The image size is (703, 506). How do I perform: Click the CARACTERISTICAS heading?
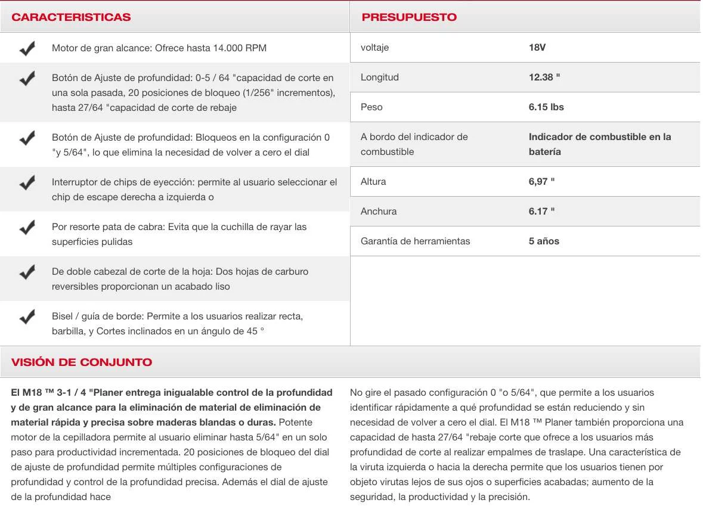coord(71,17)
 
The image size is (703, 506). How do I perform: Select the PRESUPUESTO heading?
coord(409,17)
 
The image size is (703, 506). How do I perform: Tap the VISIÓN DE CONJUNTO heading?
coord(82,362)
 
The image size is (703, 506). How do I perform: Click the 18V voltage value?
coord(537,48)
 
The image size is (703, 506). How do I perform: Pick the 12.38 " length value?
coord(544,77)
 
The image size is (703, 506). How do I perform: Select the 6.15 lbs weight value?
coord(546,107)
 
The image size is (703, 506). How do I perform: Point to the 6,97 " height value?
coord(541,182)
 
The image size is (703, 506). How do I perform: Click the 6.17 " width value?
coord(541,212)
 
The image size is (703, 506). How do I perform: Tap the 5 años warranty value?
coord(544,241)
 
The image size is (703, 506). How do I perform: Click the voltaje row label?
coord(374,48)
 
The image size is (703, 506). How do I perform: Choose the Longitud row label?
coord(380,77)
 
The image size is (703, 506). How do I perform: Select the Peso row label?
coord(371,107)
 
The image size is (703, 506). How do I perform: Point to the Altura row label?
coord(374,182)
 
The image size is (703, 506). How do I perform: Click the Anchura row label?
coord(379,212)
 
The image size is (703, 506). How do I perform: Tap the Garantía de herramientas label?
coord(415,241)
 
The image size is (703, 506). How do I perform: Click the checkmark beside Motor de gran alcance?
coord(27,48)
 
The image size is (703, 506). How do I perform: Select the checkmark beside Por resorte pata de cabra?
coord(27,227)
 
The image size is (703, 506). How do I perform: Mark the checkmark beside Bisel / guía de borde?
coord(27,316)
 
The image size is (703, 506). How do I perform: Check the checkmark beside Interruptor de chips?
coord(27,182)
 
